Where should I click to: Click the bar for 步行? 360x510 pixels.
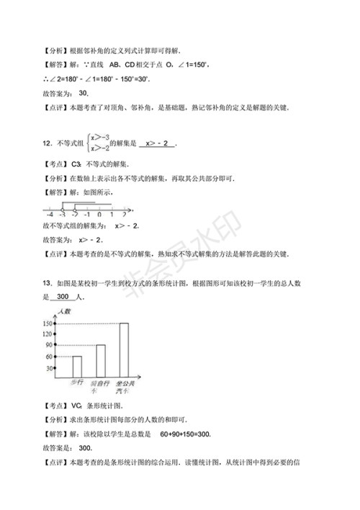[76, 367]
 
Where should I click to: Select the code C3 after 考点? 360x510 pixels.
[72, 164]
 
